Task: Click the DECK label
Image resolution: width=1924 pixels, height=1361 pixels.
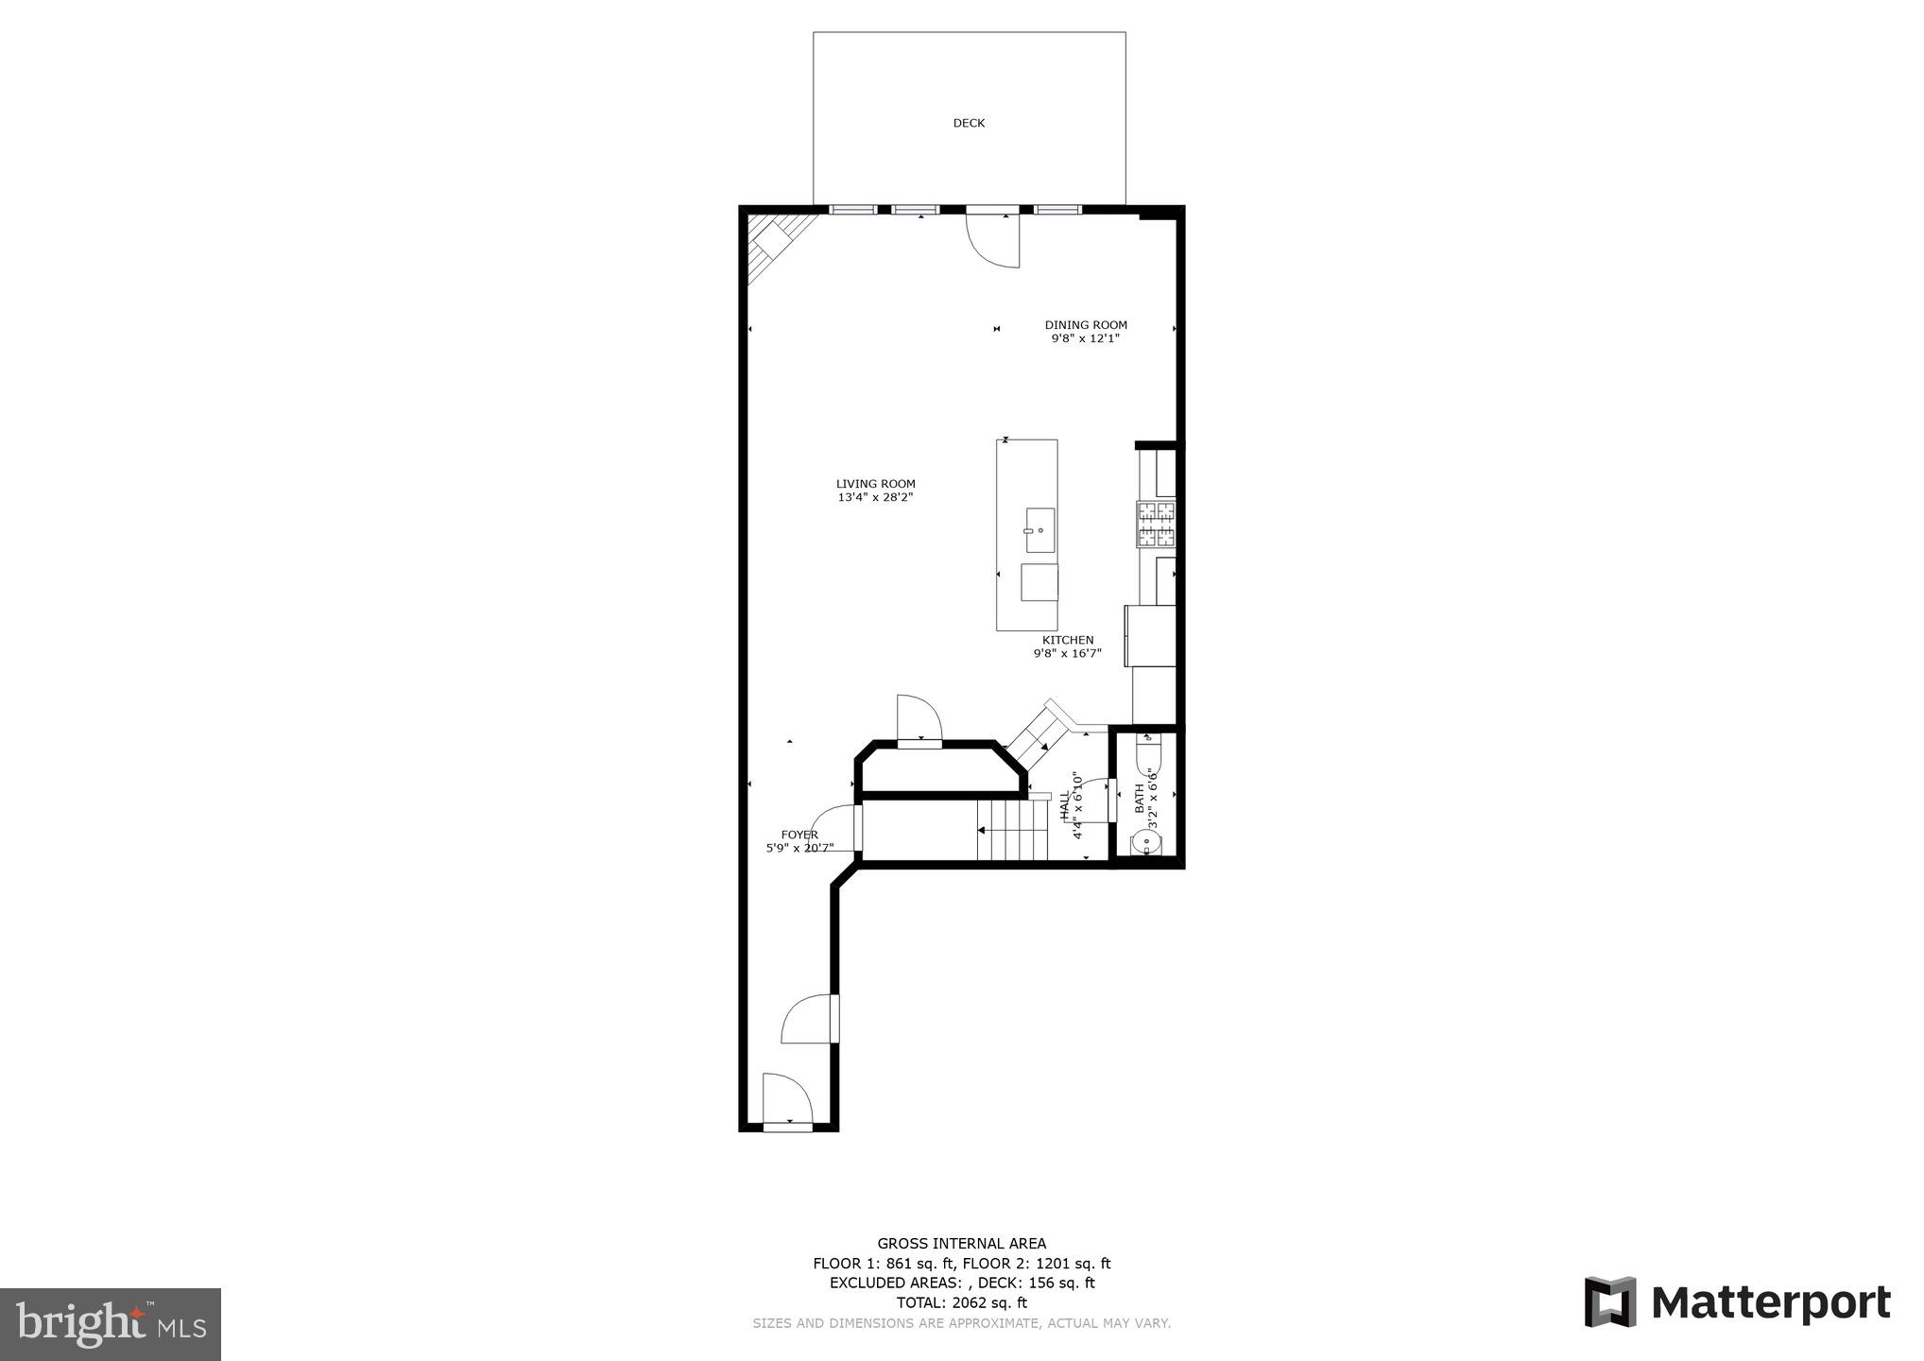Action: coord(969,123)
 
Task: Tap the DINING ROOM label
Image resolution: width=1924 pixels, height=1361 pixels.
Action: coord(1086,325)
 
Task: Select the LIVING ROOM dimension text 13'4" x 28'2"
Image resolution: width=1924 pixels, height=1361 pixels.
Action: coord(875,497)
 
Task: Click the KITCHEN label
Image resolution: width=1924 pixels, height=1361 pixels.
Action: coord(1068,640)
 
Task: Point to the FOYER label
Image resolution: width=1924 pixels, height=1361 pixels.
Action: coord(799,835)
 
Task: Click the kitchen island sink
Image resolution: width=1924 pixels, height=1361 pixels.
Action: coord(1039,530)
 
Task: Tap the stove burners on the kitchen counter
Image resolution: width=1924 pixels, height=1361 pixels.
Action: coord(1156,525)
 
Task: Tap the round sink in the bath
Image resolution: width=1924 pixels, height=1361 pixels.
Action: coord(1147,842)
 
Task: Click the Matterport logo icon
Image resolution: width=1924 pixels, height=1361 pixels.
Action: coord(1610,1302)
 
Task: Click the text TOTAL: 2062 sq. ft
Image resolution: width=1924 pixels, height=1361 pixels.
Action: coord(961,1302)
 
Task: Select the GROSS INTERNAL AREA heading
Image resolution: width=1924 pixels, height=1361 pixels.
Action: coord(961,1244)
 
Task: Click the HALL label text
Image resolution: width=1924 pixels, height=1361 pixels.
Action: coord(1065,805)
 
